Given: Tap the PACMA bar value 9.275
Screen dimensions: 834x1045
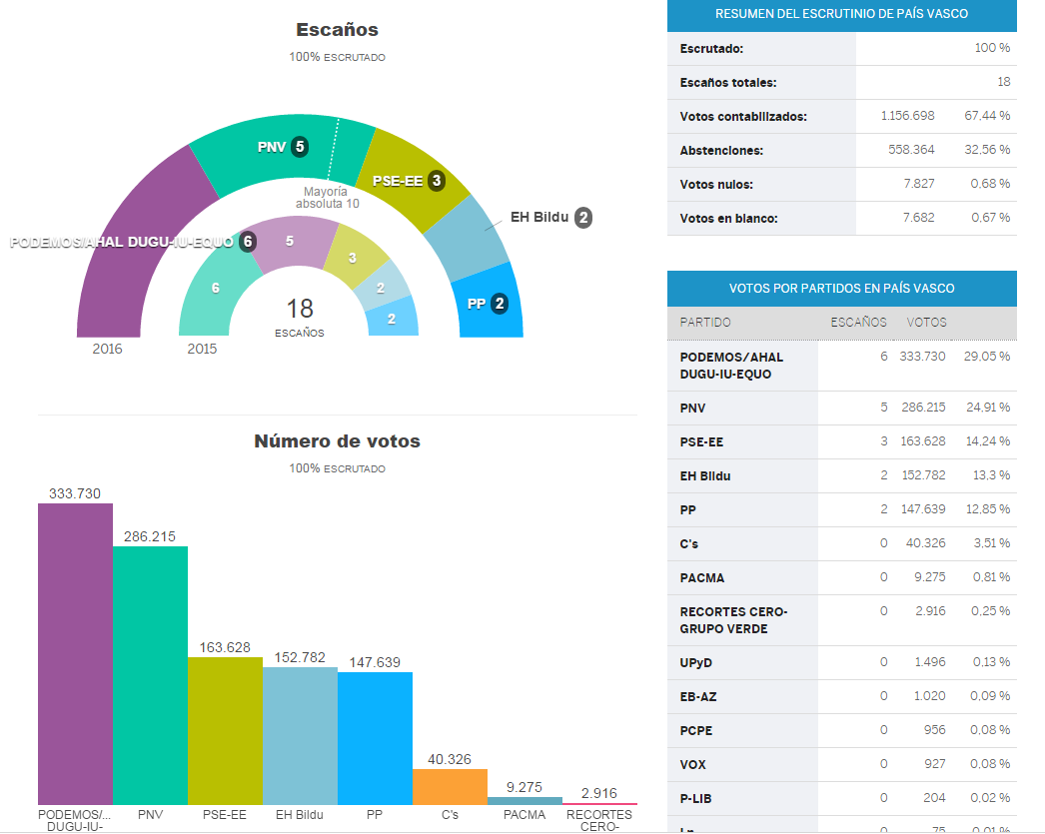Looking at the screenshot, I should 524,787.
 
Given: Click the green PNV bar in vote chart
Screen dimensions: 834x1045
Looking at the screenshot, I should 150,675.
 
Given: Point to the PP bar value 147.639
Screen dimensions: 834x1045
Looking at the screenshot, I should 375,661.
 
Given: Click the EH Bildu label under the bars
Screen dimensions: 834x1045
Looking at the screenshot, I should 300,814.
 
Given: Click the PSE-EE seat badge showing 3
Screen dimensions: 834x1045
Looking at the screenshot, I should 437,181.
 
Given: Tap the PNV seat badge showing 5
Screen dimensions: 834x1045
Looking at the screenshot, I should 299,147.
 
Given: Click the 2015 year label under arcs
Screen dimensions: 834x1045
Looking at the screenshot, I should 202,349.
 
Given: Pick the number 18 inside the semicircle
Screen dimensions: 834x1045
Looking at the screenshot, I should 300,308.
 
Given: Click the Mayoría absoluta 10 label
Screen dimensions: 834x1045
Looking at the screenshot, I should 327,197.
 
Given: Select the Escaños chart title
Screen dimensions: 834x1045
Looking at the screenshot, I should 337,30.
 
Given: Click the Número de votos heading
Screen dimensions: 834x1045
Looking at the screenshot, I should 337,440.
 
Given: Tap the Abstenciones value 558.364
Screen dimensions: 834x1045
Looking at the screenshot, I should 907,150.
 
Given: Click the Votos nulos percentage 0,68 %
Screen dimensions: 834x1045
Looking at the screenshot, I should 990,184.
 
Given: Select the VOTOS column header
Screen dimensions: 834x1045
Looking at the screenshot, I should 926,322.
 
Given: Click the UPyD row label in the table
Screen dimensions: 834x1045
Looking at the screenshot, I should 695,662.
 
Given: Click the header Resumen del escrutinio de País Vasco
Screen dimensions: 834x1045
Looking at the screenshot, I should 841,14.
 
